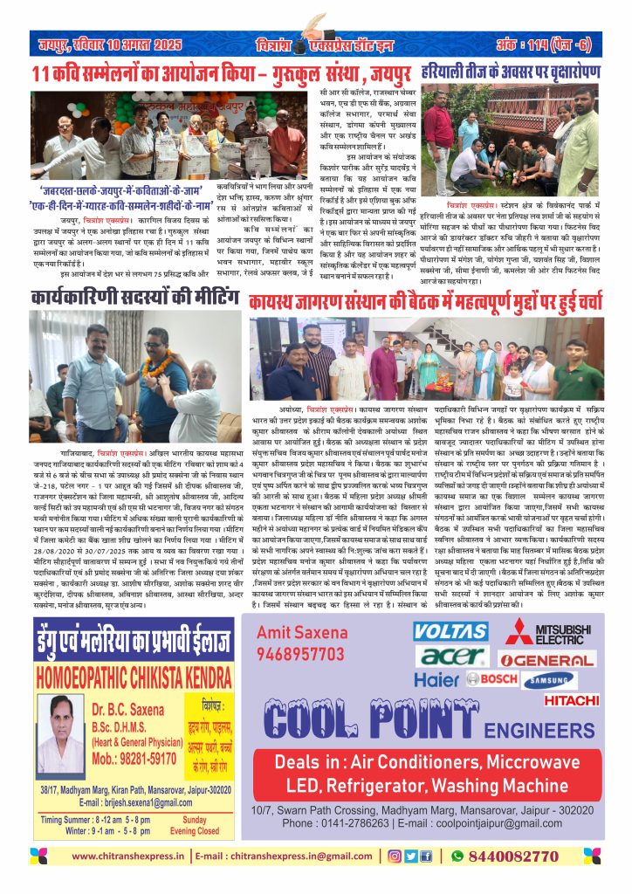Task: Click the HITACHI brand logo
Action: [x=571, y=699]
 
